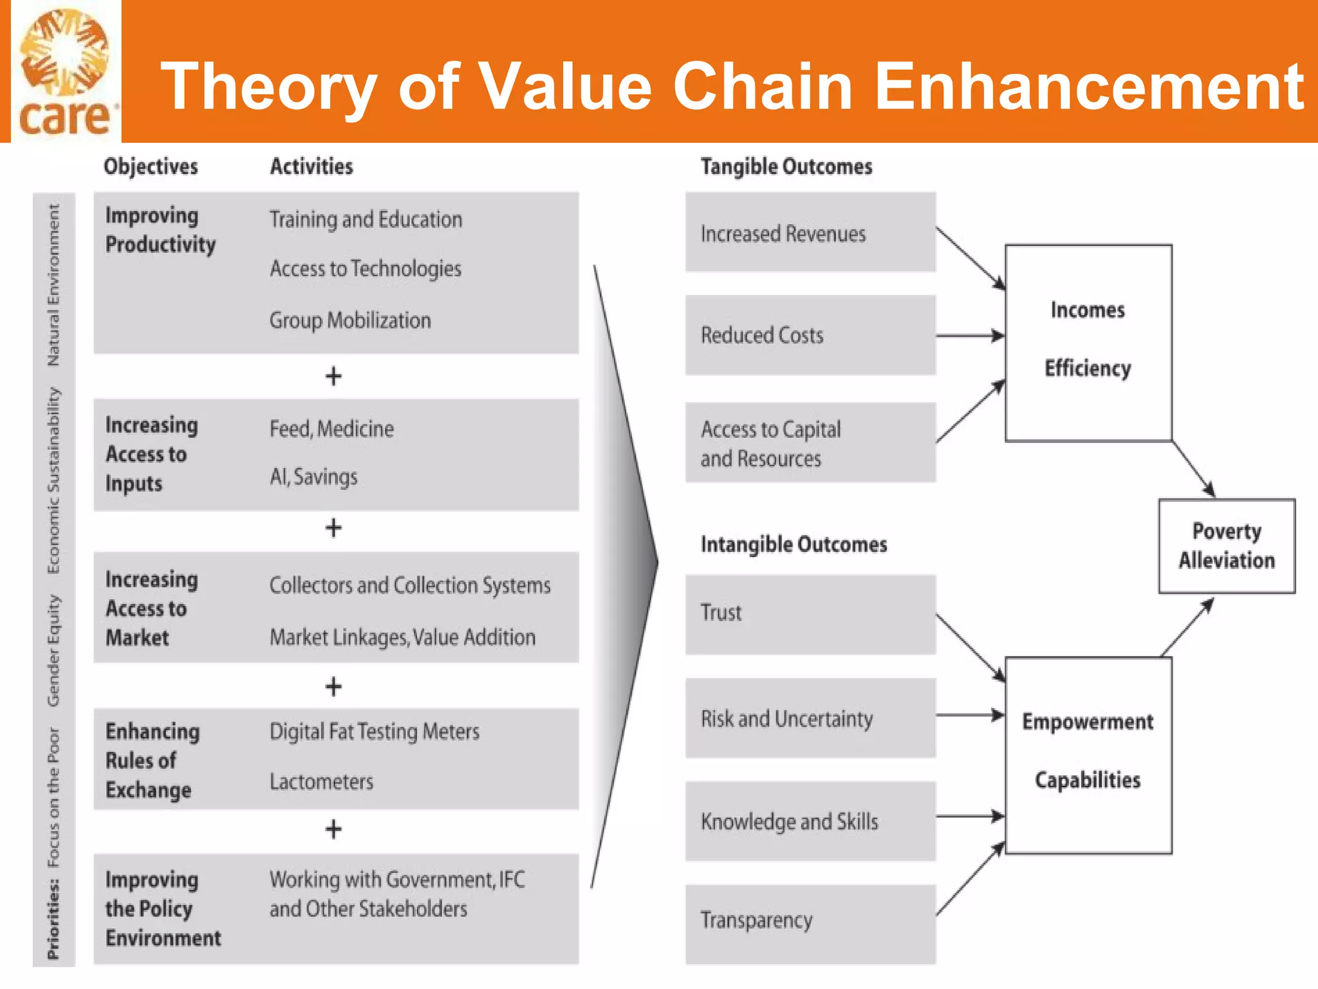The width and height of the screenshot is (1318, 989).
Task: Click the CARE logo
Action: coord(66,72)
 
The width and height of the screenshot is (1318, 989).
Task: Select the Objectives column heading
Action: coord(151,167)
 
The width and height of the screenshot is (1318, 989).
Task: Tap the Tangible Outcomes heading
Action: coord(786,167)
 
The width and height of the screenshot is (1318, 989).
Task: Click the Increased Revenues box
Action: coord(810,232)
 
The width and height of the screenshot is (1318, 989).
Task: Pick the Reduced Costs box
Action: coord(810,335)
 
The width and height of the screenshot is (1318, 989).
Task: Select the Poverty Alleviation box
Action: coord(1226,545)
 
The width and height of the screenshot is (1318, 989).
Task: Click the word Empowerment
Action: coord(1087,722)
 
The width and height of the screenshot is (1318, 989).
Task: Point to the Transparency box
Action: coord(810,923)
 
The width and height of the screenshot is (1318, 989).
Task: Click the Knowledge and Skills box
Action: coord(810,822)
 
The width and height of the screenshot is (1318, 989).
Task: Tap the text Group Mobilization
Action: coord(350,320)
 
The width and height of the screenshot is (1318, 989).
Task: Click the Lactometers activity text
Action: coord(321,782)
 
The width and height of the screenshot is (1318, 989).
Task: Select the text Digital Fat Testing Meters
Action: coord(374,731)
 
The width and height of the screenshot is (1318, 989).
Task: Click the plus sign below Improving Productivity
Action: coord(333,376)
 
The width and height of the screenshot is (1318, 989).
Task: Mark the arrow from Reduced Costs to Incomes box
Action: coord(970,335)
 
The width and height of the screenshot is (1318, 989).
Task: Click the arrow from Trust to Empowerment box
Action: coord(970,648)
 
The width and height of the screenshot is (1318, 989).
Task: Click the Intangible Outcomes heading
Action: coord(794,545)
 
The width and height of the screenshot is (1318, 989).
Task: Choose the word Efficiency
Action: coord(1087,368)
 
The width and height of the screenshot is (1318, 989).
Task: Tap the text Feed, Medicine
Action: coord(331,429)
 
